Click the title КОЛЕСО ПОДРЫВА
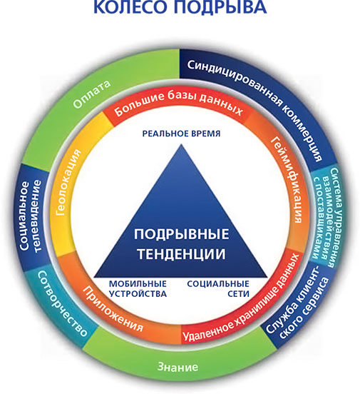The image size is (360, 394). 180,7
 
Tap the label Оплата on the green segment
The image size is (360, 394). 92,94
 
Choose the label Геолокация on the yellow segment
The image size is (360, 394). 68,183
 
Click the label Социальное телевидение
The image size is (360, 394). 30,216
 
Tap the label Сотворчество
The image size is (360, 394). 62,303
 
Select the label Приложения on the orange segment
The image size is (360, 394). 113,308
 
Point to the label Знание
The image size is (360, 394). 178,367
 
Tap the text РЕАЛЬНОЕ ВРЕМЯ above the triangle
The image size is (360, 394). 181,133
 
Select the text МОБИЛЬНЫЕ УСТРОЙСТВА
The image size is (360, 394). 138,288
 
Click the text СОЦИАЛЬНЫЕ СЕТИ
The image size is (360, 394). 218,288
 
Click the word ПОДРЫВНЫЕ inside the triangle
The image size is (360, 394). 181,234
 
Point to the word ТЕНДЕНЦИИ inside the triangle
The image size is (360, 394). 181,253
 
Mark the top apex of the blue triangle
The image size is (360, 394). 181,144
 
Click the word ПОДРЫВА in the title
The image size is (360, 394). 220,7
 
